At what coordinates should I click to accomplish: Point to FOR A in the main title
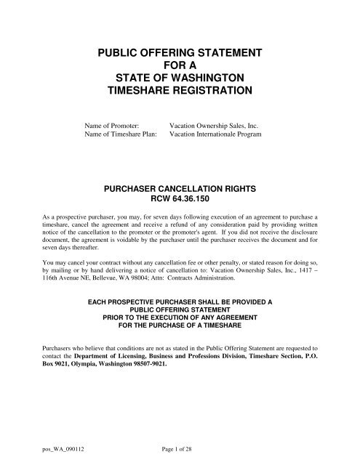[x=180, y=68]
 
